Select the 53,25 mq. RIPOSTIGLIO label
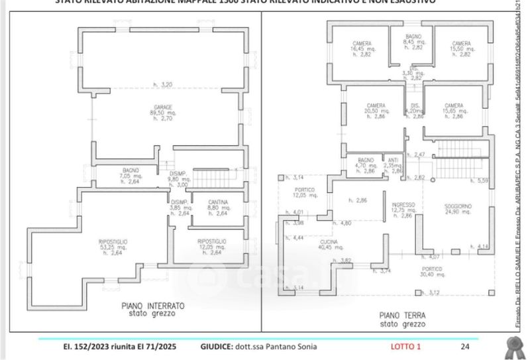114,241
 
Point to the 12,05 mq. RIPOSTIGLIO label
212,241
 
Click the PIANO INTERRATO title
152,306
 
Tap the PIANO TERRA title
402,316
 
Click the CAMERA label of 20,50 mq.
376,105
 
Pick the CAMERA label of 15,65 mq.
454,105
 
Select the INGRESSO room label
403,204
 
